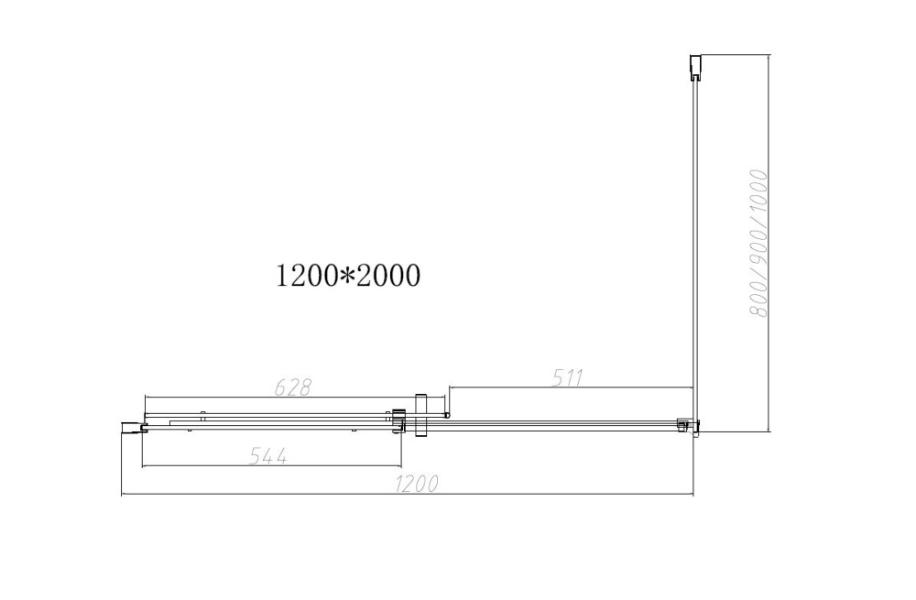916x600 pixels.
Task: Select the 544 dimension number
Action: click(269, 456)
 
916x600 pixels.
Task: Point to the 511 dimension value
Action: click(568, 376)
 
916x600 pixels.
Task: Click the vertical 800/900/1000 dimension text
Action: click(758, 243)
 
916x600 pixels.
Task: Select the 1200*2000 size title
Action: click(348, 275)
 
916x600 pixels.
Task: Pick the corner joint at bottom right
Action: click(688, 426)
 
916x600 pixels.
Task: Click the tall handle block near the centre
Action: click(421, 415)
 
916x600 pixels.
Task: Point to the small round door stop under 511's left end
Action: click(447, 416)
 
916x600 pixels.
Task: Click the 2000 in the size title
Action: click(388, 275)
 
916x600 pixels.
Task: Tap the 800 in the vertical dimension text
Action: click(758, 298)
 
